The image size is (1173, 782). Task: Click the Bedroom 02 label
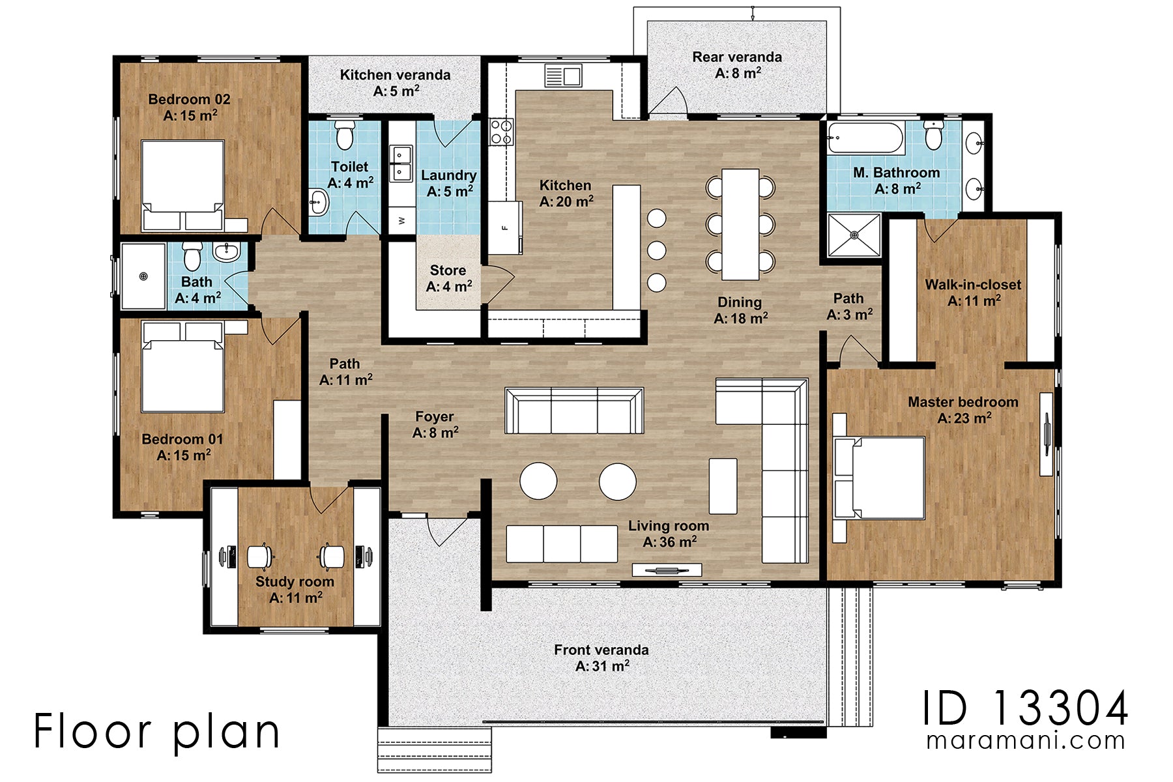click(x=189, y=108)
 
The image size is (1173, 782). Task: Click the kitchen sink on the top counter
click(x=563, y=76)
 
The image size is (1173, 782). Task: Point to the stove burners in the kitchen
click(x=501, y=131)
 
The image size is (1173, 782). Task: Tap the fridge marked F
click(x=505, y=227)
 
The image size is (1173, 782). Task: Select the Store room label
click(x=448, y=278)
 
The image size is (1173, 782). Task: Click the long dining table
click(x=740, y=224)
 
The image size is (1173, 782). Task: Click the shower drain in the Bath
click(x=143, y=276)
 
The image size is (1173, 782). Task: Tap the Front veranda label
click(x=601, y=658)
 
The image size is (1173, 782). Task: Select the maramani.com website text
click(x=1025, y=741)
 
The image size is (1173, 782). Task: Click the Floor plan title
click(x=156, y=731)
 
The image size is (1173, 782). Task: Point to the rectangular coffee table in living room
click(x=723, y=486)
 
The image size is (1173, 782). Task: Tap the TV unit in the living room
click(x=666, y=570)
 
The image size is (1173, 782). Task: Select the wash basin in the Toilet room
click(x=318, y=203)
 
